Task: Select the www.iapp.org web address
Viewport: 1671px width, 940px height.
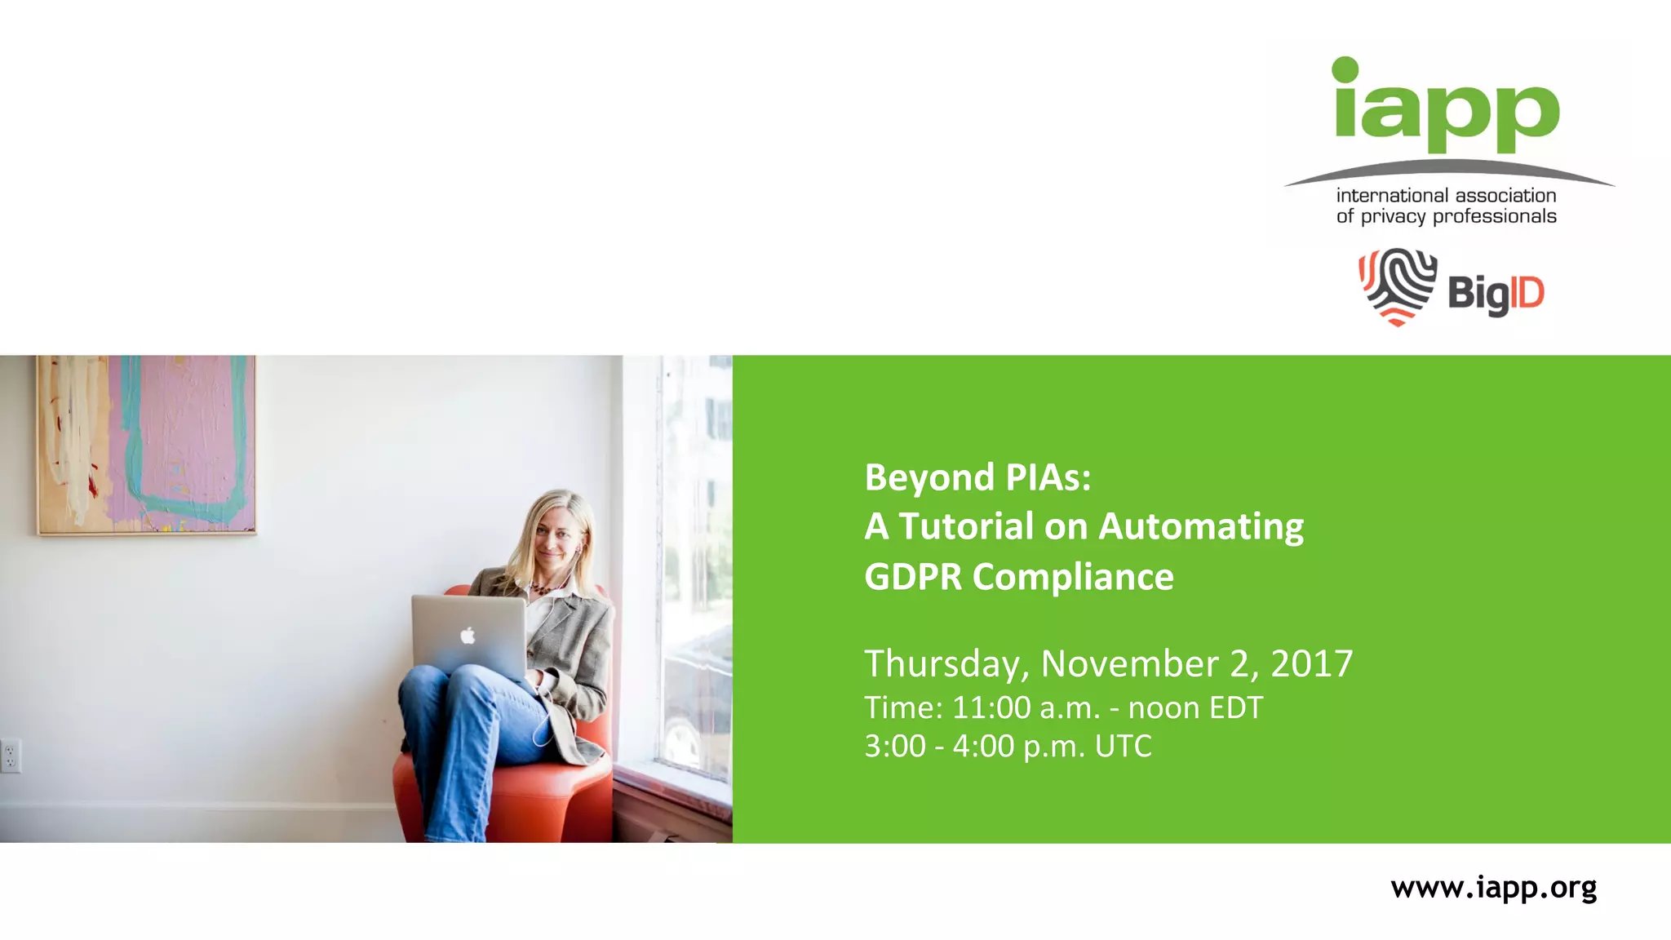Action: [x=1493, y=887]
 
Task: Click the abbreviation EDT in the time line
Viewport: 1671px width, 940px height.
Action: [x=1235, y=707]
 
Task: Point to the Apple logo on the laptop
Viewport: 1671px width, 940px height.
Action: [x=468, y=635]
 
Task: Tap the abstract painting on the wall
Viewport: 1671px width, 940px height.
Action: [x=146, y=445]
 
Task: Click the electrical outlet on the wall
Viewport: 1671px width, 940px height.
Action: [x=11, y=755]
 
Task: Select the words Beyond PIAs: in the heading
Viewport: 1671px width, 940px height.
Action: [x=977, y=477]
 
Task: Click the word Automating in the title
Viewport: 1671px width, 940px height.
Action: [x=1201, y=526]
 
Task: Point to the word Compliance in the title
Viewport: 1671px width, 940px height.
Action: [x=1072, y=577]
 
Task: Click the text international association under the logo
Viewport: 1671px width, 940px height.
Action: [x=1446, y=196]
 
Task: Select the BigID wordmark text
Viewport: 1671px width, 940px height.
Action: [x=1496, y=293]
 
